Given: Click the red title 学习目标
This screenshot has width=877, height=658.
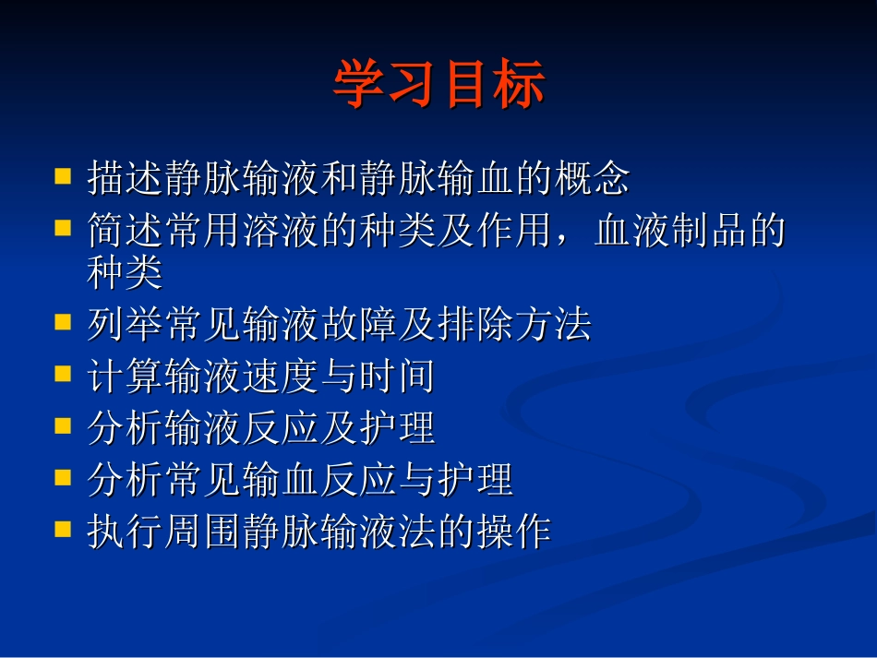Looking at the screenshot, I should [438, 85].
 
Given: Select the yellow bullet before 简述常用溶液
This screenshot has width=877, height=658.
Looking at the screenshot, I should [63, 225].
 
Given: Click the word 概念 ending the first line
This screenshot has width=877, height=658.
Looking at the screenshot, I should [592, 178].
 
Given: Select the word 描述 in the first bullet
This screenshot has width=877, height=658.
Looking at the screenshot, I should [126, 178].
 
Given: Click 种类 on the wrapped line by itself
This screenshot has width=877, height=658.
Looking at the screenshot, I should [126, 271].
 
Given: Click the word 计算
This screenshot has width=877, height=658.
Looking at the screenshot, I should [126, 377].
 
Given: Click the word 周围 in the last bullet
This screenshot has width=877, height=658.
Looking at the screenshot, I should [203, 532].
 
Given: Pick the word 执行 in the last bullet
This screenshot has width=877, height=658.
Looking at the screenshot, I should [126, 532].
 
